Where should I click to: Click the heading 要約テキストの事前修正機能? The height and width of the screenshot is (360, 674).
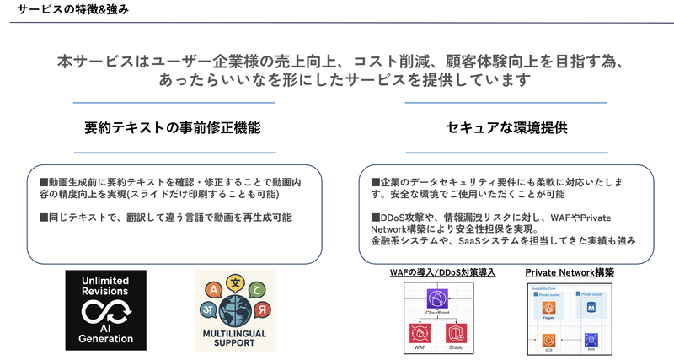point(173,129)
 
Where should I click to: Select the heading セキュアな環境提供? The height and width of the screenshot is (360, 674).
point(505,129)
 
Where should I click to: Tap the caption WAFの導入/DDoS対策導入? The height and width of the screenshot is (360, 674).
point(441,272)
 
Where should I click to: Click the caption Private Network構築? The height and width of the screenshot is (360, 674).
point(570,272)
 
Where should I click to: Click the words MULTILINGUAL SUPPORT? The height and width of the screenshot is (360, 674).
point(234,340)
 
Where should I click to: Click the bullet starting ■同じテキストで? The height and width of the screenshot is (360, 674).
point(166,218)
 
